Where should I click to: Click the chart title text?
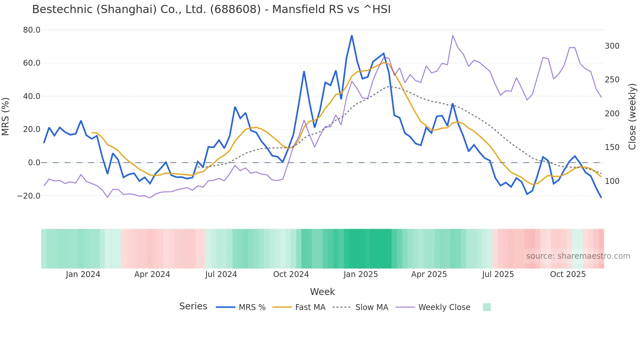211,9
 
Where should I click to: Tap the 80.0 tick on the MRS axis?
32,30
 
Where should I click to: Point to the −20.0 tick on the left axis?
29,196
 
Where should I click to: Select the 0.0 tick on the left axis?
34,163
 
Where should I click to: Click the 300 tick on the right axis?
612,46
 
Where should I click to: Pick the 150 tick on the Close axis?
612,147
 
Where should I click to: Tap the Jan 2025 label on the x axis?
360,274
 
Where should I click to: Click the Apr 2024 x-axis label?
152,274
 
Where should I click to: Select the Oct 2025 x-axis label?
568,274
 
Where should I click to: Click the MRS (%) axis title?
6,116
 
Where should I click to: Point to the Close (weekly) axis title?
632,116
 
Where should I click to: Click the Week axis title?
322,292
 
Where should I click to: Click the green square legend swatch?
487,307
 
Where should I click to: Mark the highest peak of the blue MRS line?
352,35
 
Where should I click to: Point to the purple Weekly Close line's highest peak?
453,35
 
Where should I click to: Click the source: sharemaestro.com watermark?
578,256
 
